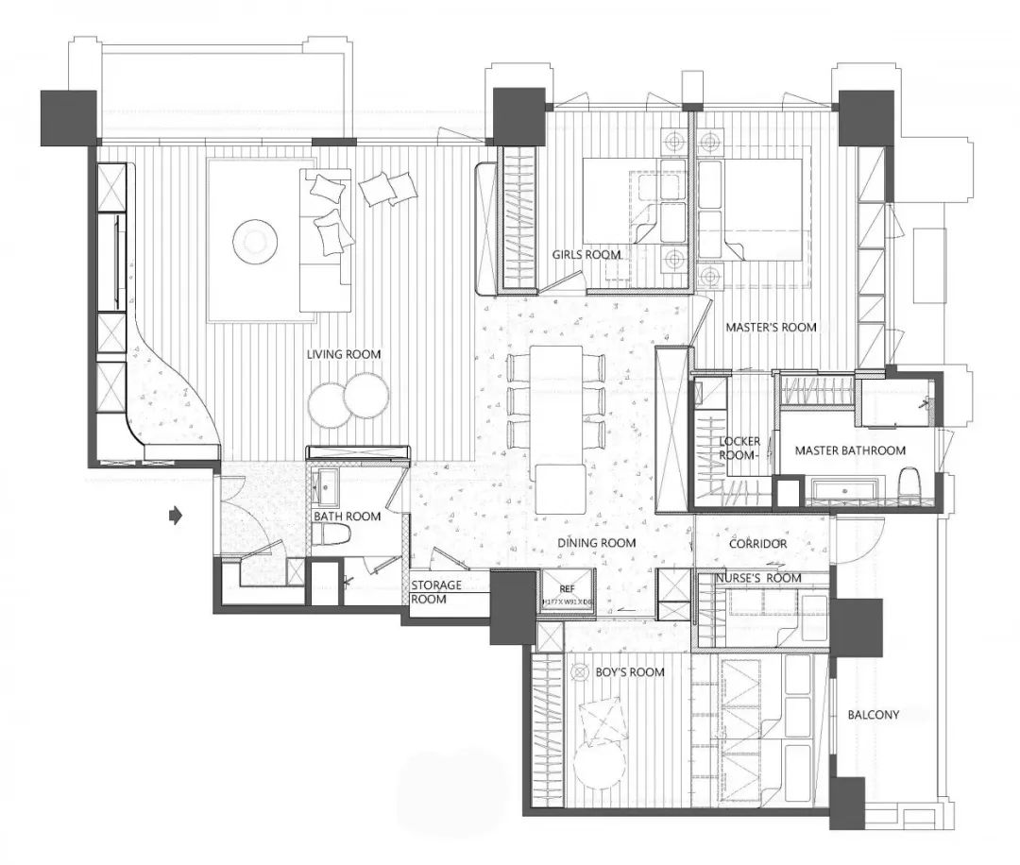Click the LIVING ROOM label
(344, 354)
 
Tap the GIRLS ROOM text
(586, 254)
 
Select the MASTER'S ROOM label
(771, 327)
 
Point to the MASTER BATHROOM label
(850, 450)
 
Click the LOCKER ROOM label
(739, 448)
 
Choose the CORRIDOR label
(757, 544)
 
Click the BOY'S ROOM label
(630, 672)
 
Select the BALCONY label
(874, 715)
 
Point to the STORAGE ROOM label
(436, 592)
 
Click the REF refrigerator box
(567, 592)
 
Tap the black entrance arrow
(175, 515)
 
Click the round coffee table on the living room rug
(255, 241)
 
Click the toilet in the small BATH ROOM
(332, 535)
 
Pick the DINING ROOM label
(596, 543)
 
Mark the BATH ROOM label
(348, 516)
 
